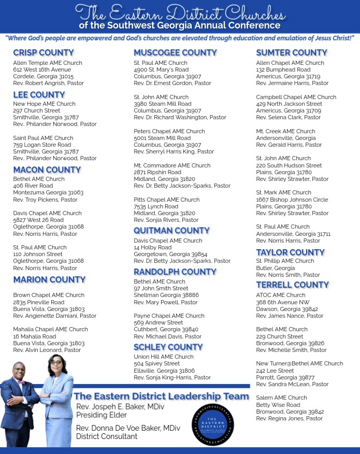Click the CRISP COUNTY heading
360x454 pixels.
pos(44,52)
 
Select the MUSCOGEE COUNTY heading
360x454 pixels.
pos(175,52)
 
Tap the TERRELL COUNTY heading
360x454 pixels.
pos(292,285)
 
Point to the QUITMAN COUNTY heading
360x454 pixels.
pos(171,230)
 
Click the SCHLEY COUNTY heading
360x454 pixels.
pos(168,347)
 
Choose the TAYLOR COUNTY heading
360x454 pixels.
pos(290,252)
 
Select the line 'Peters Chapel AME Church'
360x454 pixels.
pos(169,132)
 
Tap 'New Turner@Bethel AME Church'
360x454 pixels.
pos(299,364)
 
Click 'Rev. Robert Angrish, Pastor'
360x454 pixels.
pos(48,83)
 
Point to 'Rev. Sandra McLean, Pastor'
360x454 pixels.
pos(292,385)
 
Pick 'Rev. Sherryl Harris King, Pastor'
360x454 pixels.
pos(174,152)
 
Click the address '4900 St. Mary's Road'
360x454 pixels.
pos(161,69)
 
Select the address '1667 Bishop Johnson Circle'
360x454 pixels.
pos(292,200)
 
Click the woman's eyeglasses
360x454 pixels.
pos(56,363)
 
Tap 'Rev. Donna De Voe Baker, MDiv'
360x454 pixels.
pos(128,428)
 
